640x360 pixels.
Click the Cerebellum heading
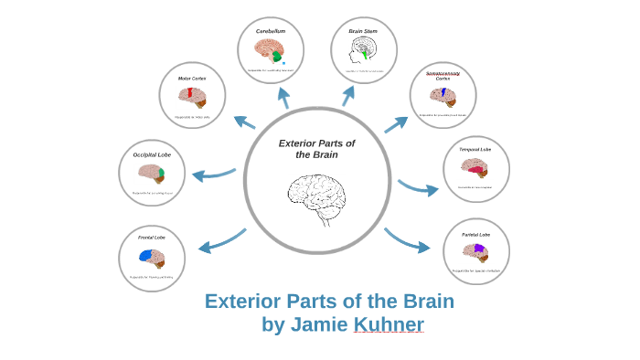tap(271, 31)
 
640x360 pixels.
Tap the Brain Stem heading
tap(363, 31)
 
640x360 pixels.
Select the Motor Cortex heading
tap(192, 79)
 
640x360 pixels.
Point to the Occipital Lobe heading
tap(152, 154)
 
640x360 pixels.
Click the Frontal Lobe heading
tap(152, 238)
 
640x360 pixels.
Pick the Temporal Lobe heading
tap(475, 149)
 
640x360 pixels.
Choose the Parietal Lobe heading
tap(475, 235)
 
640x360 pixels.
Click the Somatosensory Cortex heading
tap(443, 76)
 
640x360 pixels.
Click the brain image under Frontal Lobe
tap(152, 257)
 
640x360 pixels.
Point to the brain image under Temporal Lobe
tap(475, 167)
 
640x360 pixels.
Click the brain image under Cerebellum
tap(271, 50)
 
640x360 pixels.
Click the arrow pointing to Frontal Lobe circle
tap(221, 240)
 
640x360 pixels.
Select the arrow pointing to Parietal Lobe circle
tap(408, 240)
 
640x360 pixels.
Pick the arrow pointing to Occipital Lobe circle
tap(214, 174)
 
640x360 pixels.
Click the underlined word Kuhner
tap(389, 324)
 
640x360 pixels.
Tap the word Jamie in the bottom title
tap(319, 324)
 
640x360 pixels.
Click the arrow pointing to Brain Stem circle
tap(348, 95)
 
